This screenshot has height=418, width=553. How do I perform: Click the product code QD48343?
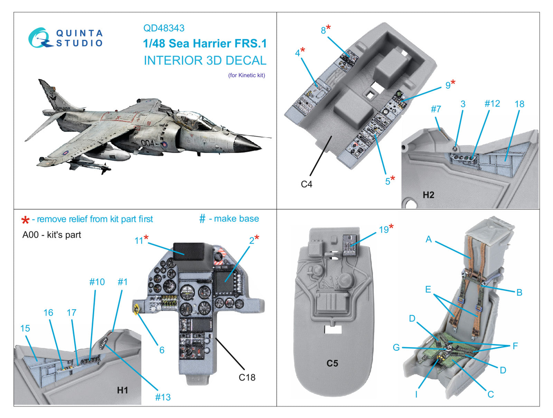(x=164, y=28)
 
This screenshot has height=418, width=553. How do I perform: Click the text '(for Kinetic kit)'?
(x=246, y=75)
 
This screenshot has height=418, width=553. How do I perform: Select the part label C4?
(x=306, y=184)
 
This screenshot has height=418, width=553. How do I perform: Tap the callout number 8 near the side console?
(x=323, y=30)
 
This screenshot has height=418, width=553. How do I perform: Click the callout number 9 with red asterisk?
(x=448, y=85)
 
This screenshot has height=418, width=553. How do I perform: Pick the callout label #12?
(x=492, y=104)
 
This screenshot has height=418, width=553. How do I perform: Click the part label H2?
(x=428, y=195)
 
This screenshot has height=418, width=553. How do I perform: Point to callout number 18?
(x=519, y=104)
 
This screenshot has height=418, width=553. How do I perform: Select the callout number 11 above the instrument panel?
(x=139, y=240)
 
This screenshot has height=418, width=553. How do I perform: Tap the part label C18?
(x=247, y=377)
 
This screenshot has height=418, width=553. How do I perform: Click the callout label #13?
(x=162, y=397)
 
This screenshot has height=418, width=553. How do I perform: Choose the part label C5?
(x=332, y=363)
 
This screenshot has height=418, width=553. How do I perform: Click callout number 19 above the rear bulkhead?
(x=384, y=230)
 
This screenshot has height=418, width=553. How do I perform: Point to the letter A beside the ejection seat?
(x=429, y=239)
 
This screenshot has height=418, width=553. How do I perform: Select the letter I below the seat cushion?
(x=416, y=395)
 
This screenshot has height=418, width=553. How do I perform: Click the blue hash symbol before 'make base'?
(x=202, y=219)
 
